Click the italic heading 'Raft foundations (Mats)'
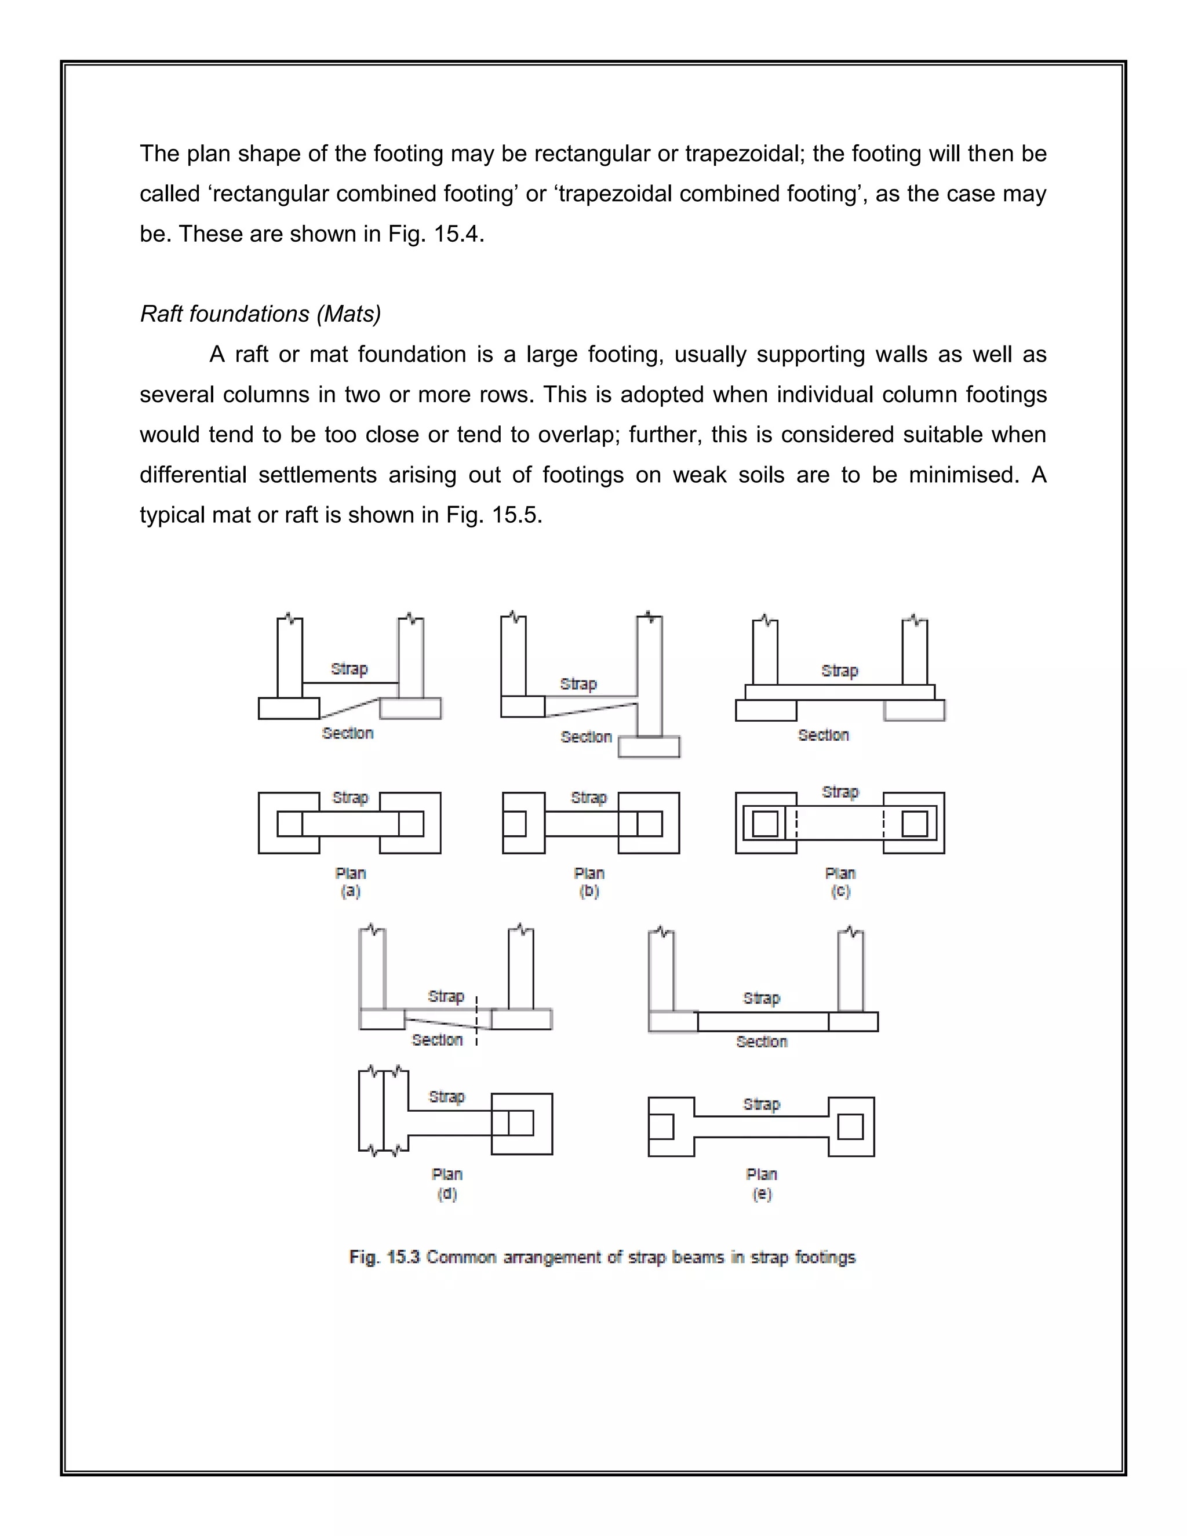point(260,314)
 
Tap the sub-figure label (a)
point(350,891)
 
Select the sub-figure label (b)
point(589,891)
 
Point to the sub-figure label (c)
point(840,891)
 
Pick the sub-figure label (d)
point(447,1193)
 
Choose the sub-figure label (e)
point(762,1193)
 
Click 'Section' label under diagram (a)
point(347,733)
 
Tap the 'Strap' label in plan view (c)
point(840,792)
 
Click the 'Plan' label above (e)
point(762,1174)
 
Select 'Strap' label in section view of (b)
point(578,683)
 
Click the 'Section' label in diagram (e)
point(762,1042)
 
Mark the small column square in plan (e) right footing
point(850,1127)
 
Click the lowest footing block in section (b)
point(649,747)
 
